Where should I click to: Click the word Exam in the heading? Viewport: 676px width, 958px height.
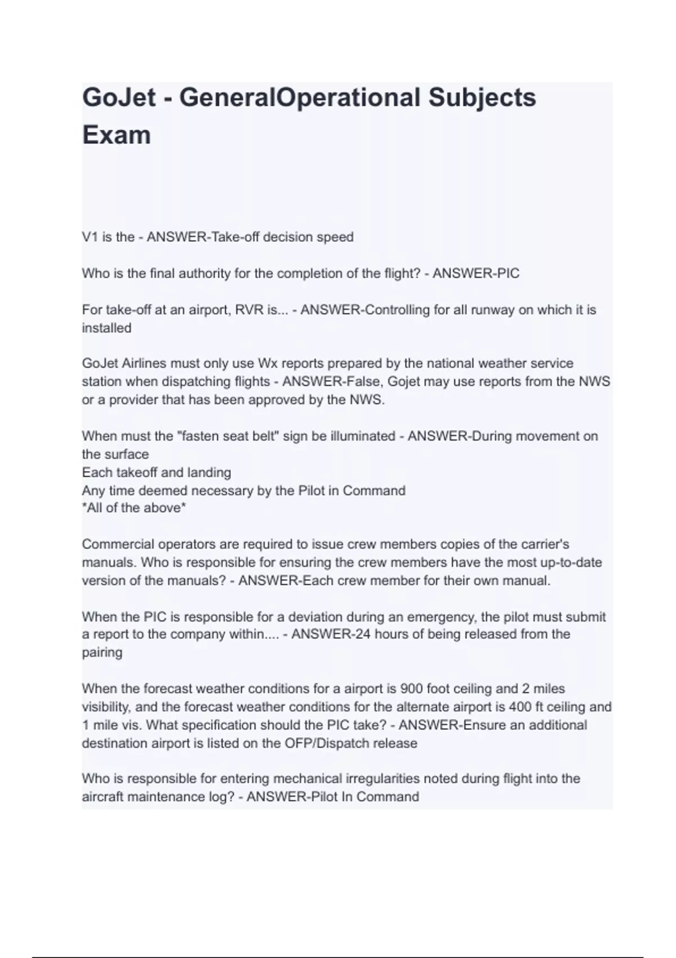click(x=117, y=135)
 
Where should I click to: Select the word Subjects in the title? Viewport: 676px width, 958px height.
click(x=482, y=97)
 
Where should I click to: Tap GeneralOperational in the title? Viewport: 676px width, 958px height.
click(x=300, y=97)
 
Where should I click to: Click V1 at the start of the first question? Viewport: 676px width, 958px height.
click(x=90, y=237)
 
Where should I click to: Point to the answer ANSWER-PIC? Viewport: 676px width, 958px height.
click(x=475, y=274)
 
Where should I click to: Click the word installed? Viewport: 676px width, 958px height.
click(x=106, y=328)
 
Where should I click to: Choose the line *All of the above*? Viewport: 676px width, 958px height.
click(x=134, y=508)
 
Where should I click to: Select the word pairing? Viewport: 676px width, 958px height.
click(x=102, y=653)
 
